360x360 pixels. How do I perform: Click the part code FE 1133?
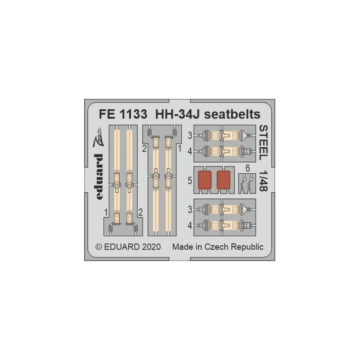tap(123, 114)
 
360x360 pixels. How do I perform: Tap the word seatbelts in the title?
tap(232, 114)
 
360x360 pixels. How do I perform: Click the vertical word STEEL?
tap(263, 143)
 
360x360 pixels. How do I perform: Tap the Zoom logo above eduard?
tap(98, 137)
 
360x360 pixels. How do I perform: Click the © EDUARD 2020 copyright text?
tap(128, 247)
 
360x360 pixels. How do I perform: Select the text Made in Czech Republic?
tap(218, 247)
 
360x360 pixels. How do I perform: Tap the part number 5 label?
tap(189, 181)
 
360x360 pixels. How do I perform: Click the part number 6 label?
tap(247, 168)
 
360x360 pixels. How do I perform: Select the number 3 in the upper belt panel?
tap(189, 136)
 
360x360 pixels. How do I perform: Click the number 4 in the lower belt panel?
tap(189, 226)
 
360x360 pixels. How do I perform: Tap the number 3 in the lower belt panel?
tap(189, 210)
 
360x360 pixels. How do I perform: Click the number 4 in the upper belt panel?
tap(189, 152)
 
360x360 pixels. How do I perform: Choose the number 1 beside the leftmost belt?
tap(106, 212)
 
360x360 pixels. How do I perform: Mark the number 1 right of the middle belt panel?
tap(180, 149)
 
